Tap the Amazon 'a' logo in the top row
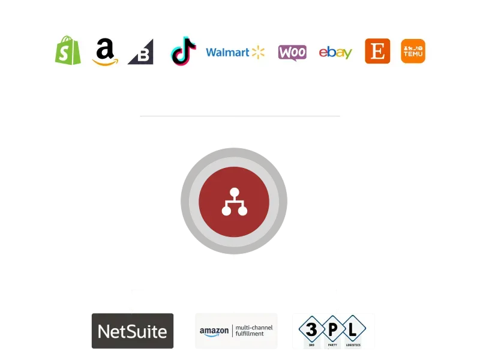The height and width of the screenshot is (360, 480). pos(105,51)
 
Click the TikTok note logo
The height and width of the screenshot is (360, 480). pos(184,51)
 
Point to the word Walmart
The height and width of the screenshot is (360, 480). pos(227,52)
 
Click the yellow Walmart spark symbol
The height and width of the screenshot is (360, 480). pos(258,52)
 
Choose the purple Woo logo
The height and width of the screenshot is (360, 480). pos(292,52)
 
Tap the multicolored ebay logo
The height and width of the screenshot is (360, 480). pos(335,52)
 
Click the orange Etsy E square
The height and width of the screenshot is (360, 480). pos(377,51)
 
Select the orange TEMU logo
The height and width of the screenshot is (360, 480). pos(413,51)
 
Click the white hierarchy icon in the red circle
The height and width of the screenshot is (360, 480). pos(234,202)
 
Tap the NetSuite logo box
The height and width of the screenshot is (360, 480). pos(133,331)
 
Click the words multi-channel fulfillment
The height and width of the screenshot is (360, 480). pos(253,331)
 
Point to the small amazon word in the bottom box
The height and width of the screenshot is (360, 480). pos(215,331)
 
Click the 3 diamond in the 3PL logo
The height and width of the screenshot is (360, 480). pos(310,329)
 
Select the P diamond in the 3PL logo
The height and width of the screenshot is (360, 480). pos(332,329)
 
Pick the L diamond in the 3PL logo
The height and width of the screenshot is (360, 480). pos(354,329)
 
